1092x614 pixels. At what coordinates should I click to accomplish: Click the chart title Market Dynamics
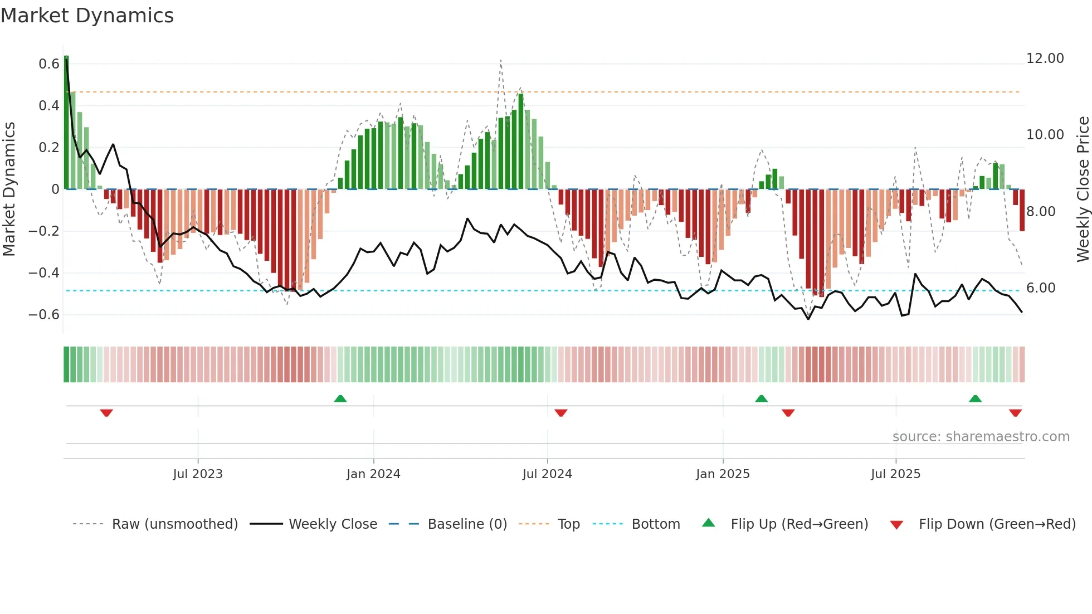[87, 16]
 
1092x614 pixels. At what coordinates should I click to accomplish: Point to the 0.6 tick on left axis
[49, 64]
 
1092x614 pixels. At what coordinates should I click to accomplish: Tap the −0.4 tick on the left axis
[44, 273]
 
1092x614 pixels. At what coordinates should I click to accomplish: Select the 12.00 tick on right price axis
[1045, 59]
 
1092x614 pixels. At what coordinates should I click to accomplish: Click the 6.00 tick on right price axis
[1041, 288]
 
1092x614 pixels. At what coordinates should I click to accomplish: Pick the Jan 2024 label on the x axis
[373, 474]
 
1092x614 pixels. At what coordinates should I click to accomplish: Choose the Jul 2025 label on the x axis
[895, 474]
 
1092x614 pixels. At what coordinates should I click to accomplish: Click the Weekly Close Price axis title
[1083, 189]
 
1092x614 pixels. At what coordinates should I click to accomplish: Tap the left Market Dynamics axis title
[9, 189]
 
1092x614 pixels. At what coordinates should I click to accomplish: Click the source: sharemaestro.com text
[981, 437]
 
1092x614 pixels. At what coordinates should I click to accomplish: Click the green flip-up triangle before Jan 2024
[340, 398]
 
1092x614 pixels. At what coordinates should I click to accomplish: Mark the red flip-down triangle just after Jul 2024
[561, 413]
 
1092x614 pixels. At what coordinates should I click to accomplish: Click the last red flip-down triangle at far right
[1015, 413]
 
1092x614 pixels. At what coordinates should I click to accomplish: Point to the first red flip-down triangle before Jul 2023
[106, 413]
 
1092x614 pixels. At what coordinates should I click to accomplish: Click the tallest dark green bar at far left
[66, 123]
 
